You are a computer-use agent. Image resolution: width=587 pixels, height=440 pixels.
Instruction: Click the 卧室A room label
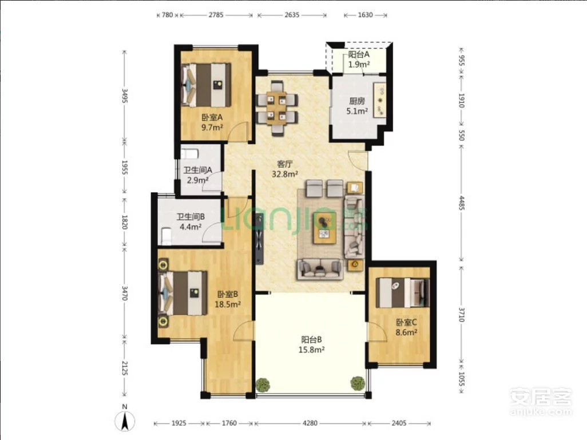212,117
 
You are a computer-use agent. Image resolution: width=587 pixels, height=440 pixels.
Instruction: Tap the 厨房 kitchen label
357,101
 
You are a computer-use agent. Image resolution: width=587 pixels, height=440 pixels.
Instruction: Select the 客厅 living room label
284,164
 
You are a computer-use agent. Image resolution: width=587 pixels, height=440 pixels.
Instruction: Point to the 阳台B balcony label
311,340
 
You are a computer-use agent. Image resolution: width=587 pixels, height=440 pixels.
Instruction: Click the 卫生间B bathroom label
191,216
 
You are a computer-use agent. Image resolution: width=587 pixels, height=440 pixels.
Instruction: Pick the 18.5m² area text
228,304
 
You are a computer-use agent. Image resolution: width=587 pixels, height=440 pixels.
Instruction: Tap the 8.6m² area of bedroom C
407,332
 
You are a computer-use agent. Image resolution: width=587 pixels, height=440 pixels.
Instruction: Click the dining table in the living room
277,108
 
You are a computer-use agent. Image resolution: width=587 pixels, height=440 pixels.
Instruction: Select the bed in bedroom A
206,85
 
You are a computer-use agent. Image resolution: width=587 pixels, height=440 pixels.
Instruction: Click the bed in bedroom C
402,292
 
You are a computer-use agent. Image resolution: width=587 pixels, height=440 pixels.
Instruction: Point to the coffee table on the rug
324,228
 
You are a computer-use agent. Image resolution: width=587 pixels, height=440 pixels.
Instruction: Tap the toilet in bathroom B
166,237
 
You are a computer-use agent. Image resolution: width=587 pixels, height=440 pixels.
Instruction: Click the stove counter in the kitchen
380,100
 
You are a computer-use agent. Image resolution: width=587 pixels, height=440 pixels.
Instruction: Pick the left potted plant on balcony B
263,384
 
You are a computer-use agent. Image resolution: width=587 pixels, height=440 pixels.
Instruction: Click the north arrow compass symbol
125,420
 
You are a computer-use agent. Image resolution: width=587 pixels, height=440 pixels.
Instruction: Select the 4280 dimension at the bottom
310,423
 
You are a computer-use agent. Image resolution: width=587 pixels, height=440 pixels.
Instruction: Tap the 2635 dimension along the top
292,15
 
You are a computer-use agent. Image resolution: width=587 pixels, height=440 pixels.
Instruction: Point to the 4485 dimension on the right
462,203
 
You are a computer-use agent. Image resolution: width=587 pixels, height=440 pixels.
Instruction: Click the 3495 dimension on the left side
125,96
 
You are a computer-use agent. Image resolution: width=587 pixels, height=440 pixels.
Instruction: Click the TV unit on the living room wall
259,239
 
